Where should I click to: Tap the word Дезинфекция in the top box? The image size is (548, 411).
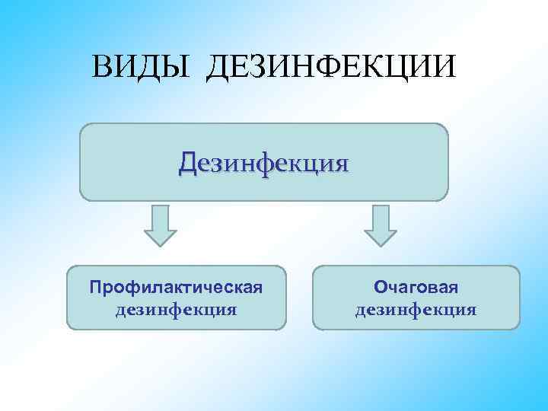264,162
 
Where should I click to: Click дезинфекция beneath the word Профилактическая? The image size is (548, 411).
176,310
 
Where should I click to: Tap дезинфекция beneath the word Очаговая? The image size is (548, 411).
416,310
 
